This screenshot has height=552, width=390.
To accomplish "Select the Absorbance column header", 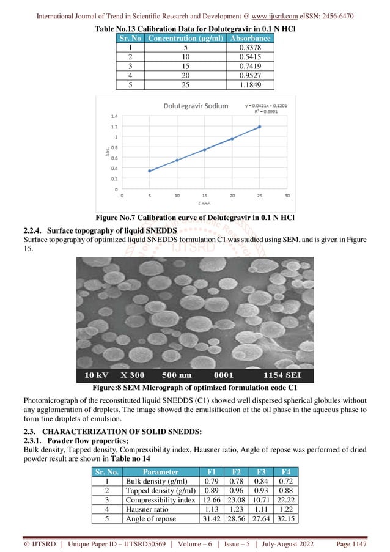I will (249, 38).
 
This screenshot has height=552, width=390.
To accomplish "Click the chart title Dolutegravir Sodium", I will (195, 106).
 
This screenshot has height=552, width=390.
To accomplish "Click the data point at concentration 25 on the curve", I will (259, 127).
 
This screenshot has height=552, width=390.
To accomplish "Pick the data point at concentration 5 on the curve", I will (149, 171).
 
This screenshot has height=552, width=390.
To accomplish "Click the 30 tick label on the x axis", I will (287, 196).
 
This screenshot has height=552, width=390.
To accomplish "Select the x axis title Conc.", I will (204, 204).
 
